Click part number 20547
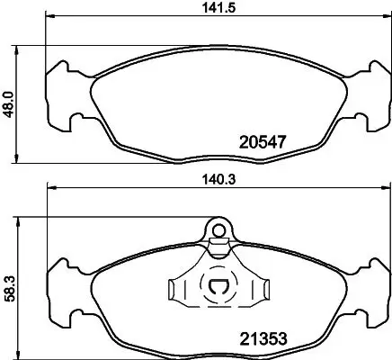pos(263,141)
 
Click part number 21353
pos(263,339)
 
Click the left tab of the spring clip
pos(175,290)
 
